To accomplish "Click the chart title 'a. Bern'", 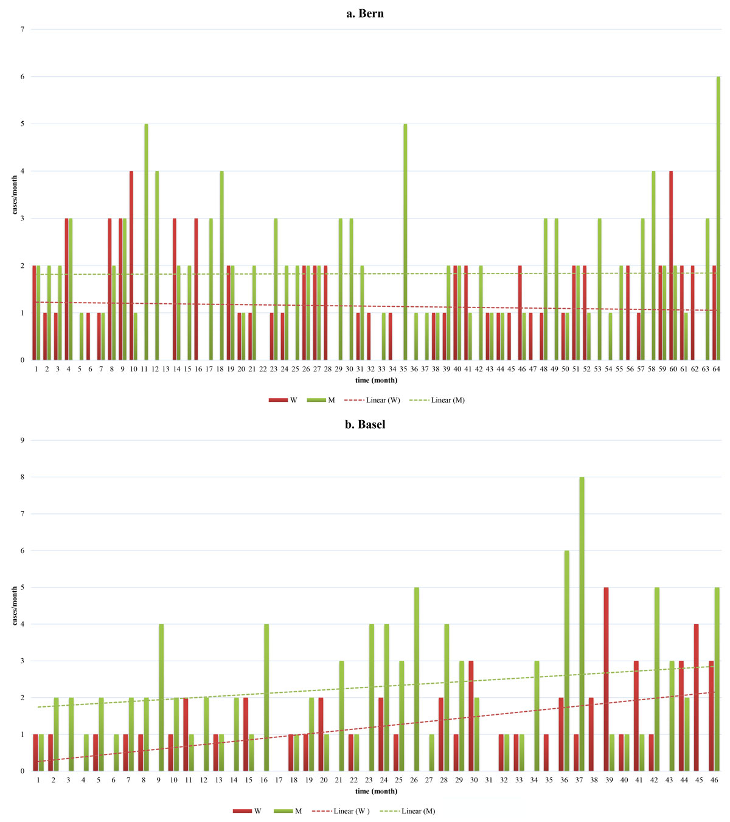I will tap(365, 13).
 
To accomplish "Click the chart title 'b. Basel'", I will tap(365, 424).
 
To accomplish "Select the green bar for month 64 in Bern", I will tap(718, 219).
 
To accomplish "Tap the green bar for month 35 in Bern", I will tap(405, 244).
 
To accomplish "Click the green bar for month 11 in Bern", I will tap(146, 244).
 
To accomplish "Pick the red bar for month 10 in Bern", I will tap(131, 265).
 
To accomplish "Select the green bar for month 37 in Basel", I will tap(582, 624).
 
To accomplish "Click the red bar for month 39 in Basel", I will tap(607, 679).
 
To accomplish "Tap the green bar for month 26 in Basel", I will tap(417, 679).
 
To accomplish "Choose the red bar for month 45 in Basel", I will tap(697, 697).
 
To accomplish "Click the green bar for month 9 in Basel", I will tap(161, 697).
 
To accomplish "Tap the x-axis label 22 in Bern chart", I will tap(263, 369).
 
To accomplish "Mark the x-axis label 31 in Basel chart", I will tap(488, 780).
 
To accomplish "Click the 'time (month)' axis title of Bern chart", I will tap(376, 380).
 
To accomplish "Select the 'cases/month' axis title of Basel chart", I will tap(15, 605).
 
